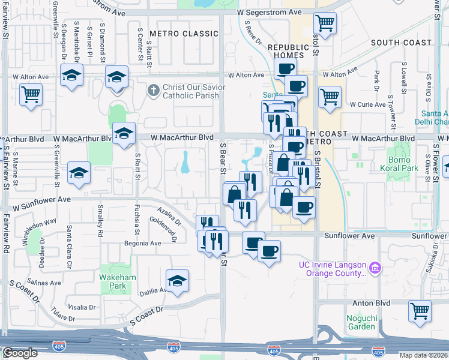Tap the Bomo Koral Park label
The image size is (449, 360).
coord(399,164)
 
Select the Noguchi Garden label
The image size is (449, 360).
coord(361,322)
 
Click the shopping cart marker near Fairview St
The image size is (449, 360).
coord(31,94)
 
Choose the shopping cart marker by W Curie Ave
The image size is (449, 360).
coord(330,96)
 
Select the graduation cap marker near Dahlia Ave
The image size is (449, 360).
coord(177,281)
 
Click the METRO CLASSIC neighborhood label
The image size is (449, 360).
coord(176,34)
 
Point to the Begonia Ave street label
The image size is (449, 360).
coord(143,244)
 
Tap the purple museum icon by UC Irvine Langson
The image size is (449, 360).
coord(376,266)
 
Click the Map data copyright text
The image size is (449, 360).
coord(423,355)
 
